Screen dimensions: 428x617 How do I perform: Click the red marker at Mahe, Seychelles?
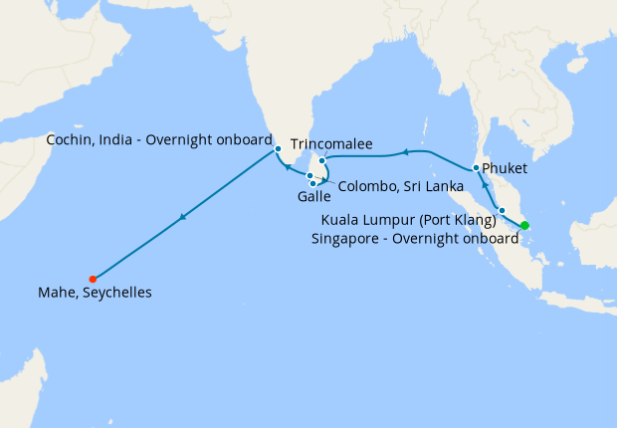pyautogui.click(x=93, y=279)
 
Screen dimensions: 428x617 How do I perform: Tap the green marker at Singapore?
pyautogui.click(x=525, y=225)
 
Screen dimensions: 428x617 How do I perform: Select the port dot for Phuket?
pyautogui.click(x=477, y=167)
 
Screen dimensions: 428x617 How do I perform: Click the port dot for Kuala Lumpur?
pyautogui.click(x=503, y=210)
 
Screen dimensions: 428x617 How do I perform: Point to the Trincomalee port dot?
pyautogui.click(x=321, y=160)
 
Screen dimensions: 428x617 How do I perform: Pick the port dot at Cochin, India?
pyautogui.click(x=278, y=149)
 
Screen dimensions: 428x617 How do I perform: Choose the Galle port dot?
pyautogui.click(x=313, y=183)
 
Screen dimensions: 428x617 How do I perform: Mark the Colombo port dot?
pyautogui.click(x=309, y=176)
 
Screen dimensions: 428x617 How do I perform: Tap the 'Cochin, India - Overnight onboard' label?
pyautogui.click(x=159, y=140)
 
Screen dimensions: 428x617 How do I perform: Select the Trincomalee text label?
pyautogui.click(x=331, y=145)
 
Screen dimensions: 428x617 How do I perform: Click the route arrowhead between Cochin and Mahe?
pyautogui.click(x=182, y=217)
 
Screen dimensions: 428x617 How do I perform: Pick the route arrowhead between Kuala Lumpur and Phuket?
pyautogui.click(x=485, y=185)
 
